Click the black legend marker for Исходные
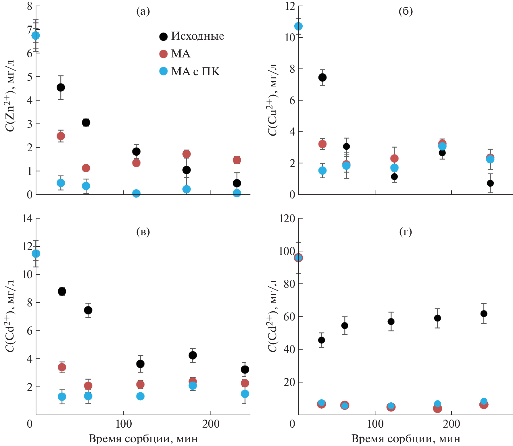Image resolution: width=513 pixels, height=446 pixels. (x=163, y=36)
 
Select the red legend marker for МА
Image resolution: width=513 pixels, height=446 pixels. (x=163, y=54)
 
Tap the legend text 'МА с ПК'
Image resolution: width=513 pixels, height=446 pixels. (x=195, y=72)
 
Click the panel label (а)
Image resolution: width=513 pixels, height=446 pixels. (x=143, y=11)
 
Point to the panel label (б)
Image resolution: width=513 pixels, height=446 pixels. (x=406, y=11)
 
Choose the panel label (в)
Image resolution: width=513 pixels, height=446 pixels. (x=143, y=231)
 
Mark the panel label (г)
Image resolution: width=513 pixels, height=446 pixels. (x=406, y=231)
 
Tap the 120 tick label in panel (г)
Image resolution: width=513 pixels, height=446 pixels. (x=287, y=219)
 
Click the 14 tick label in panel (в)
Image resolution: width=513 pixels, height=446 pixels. (x=27, y=219)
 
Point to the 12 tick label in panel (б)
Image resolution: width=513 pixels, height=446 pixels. (x=290, y=6)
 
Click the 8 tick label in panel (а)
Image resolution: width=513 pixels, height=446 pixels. (x=30, y=6)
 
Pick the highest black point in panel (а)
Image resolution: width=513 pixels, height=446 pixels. (x=61, y=87)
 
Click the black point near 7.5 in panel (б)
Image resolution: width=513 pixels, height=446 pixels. (x=322, y=77)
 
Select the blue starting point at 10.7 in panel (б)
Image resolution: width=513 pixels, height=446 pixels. (x=298, y=26)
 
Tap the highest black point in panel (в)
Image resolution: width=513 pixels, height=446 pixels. (x=62, y=291)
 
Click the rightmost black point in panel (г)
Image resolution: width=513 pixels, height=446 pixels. (x=484, y=313)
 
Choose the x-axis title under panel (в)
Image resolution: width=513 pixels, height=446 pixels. (x=143, y=439)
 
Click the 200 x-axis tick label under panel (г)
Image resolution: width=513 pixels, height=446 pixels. (x=451, y=424)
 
